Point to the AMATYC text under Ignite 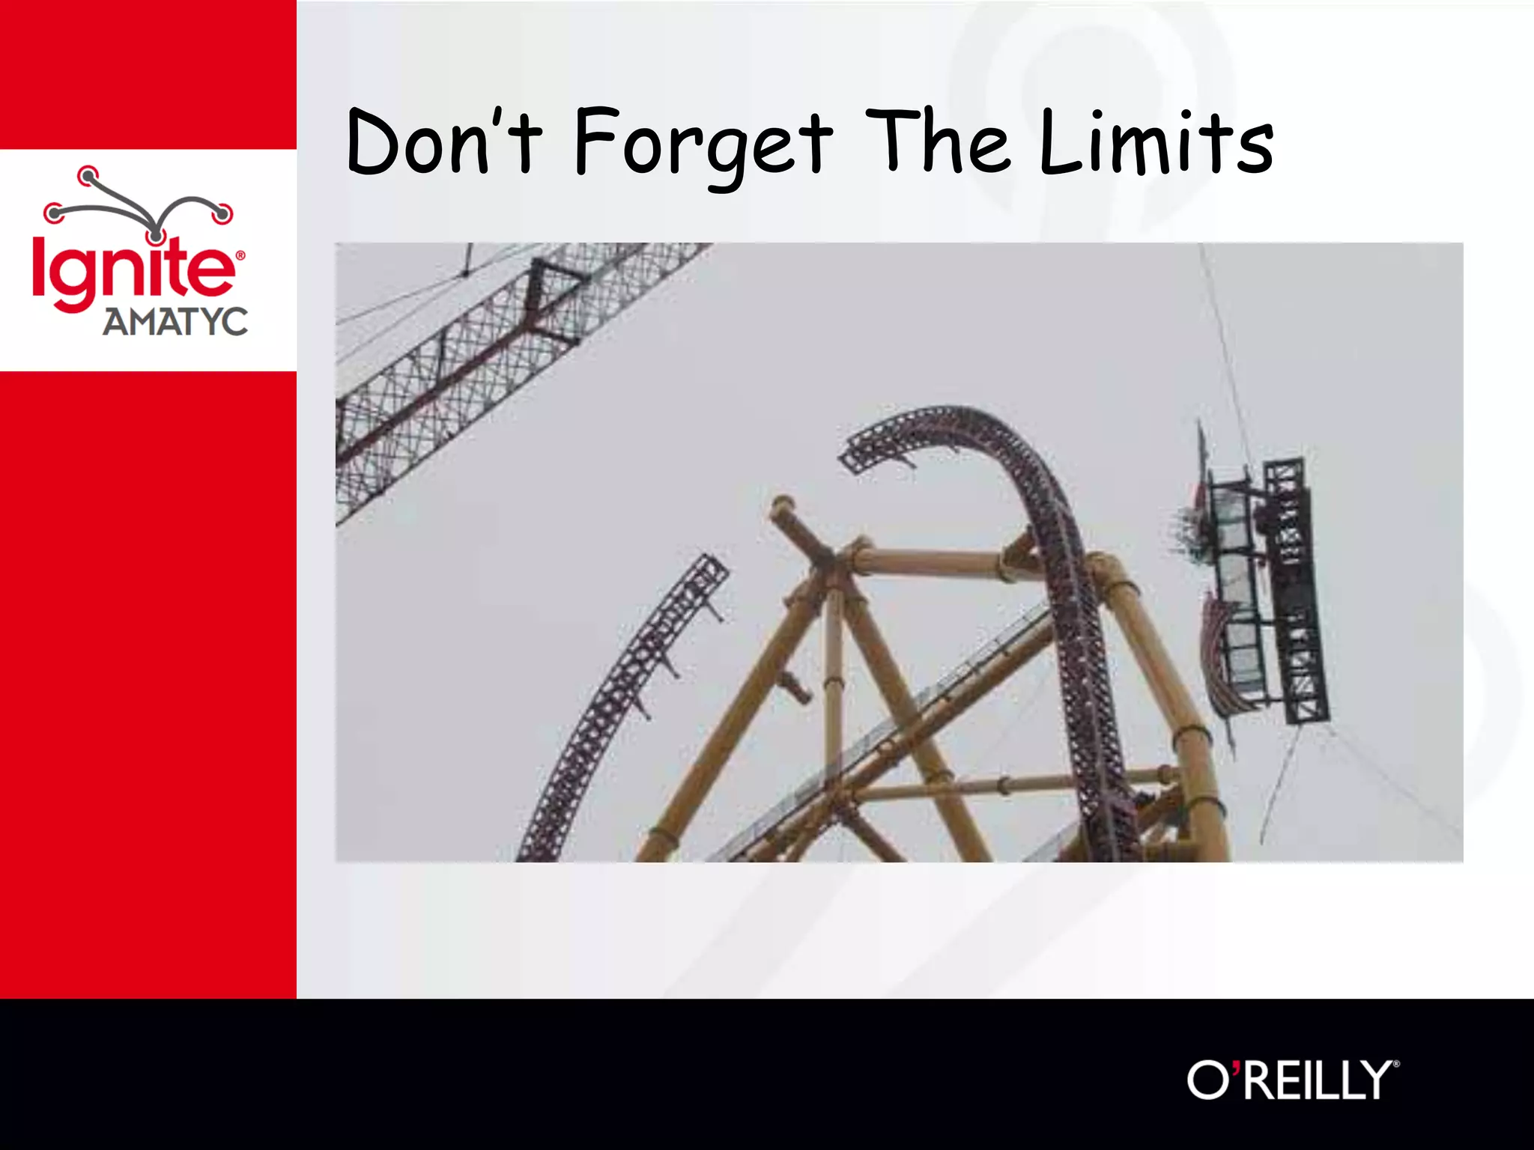click(175, 323)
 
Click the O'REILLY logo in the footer click(1292, 1080)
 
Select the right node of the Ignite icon click(222, 215)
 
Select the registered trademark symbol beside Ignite click(240, 255)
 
